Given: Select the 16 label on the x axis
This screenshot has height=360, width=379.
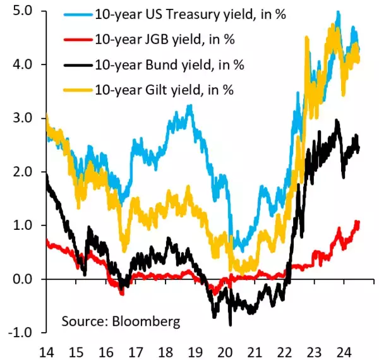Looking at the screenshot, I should [x=107, y=349].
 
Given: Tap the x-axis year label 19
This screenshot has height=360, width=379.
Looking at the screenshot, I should [x=195, y=349].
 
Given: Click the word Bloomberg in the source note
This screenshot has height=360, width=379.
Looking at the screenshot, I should [x=148, y=321].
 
